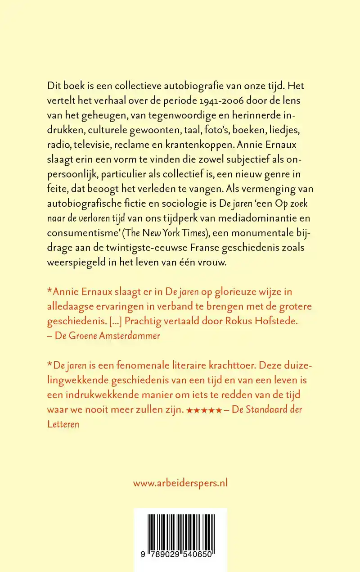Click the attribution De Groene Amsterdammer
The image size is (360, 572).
pos(107,336)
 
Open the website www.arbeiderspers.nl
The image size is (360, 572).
pos(180,483)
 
